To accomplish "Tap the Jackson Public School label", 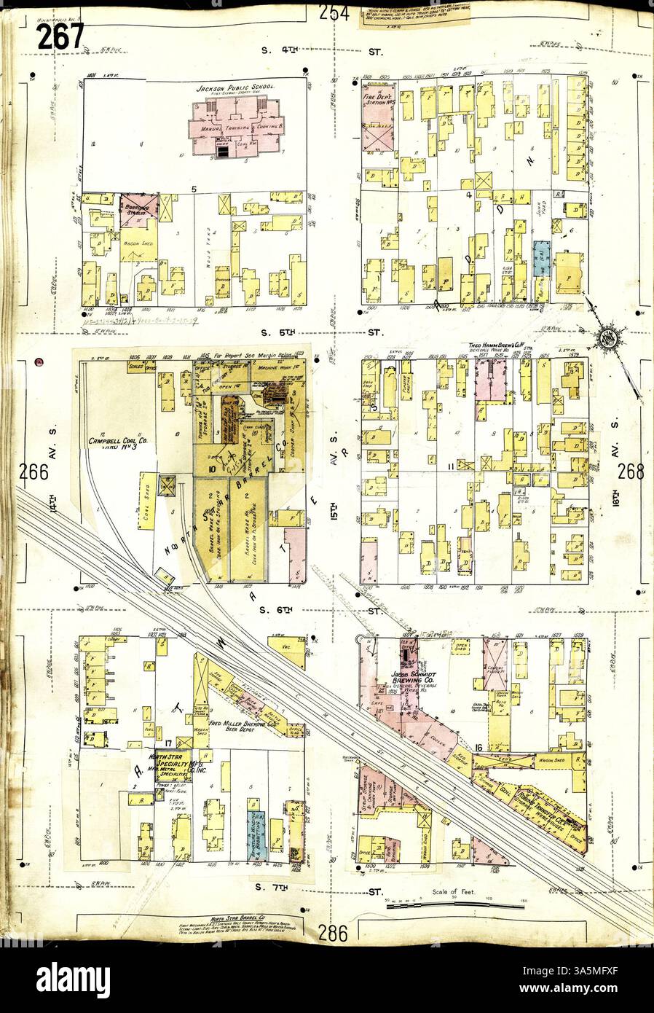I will [234, 88].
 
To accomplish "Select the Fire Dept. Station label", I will [378, 99].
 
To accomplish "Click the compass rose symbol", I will [606, 337].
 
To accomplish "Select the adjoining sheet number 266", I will [34, 472].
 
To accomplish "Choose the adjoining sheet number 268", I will [631, 472].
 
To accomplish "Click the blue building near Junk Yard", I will [541, 259].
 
